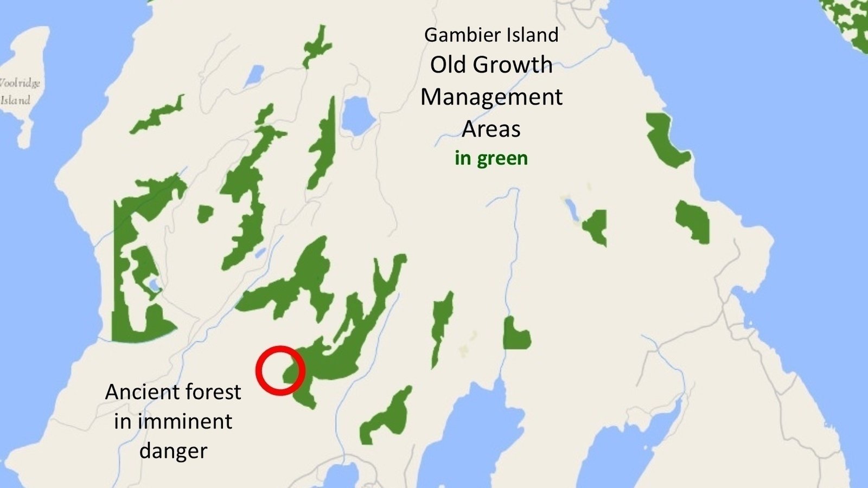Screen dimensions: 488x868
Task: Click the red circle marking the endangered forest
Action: coord(280,370)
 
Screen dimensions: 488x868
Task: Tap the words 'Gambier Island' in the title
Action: coord(491,35)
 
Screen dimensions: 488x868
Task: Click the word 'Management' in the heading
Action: coord(491,98)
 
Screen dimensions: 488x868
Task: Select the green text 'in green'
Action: coord(491,158)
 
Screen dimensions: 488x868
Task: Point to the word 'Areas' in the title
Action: coord(491,129)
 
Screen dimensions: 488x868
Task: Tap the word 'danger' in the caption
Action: coord(173,451)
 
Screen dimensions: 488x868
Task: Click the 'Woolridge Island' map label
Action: coord(18,91)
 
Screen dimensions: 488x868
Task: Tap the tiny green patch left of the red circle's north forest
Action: coord(205,214)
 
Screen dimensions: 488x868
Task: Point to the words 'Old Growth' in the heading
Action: coord(491,65)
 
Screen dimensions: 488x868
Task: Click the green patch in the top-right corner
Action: coord(852,22)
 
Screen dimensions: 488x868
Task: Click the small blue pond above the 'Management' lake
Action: coord(254,76)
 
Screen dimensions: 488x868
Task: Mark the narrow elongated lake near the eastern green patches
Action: coord(571,209)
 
